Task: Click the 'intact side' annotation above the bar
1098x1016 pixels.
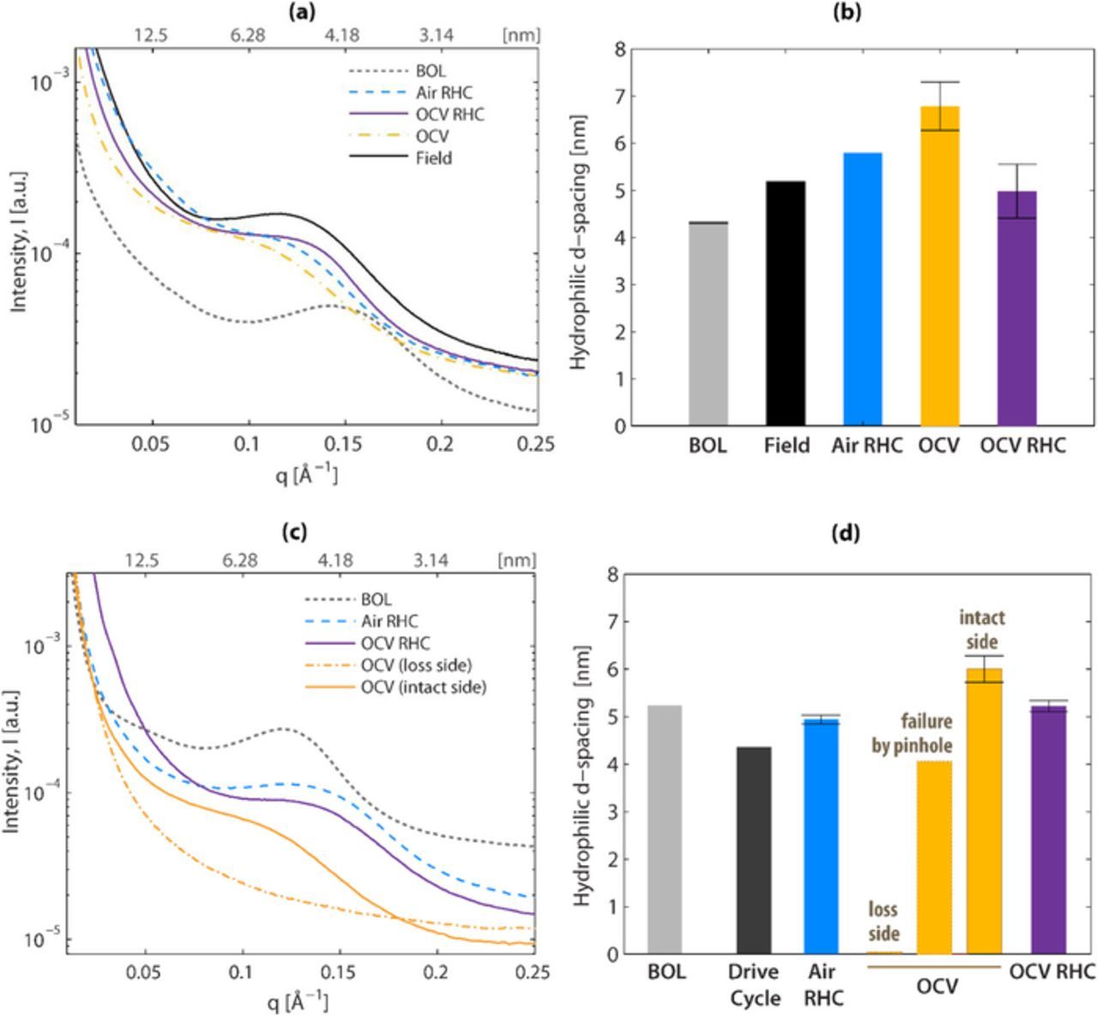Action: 982,629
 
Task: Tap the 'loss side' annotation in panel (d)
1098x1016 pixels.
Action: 884,921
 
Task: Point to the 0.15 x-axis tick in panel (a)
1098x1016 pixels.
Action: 344,444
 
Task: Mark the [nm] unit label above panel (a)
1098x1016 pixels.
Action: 520,35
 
